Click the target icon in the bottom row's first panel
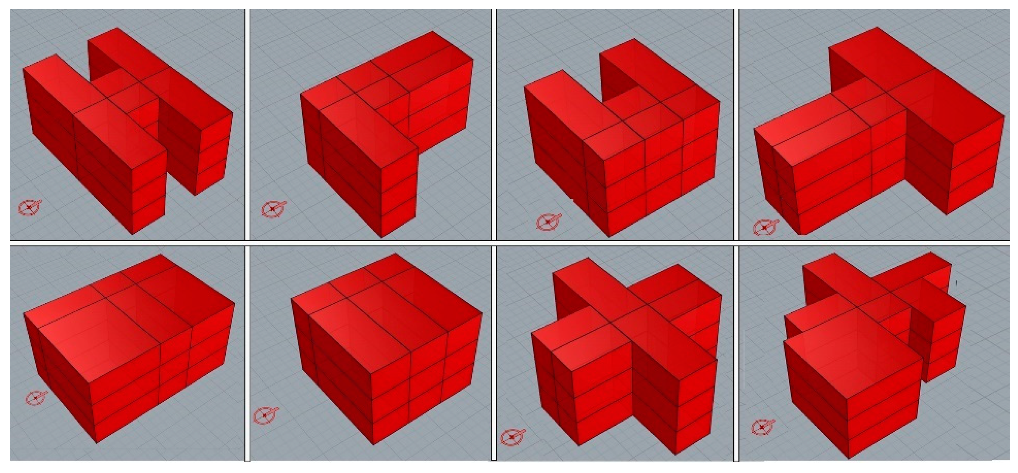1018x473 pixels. click(36, 397)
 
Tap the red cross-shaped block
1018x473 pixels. click(624, 356)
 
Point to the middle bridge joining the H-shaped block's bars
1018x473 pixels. click(123, 89)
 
